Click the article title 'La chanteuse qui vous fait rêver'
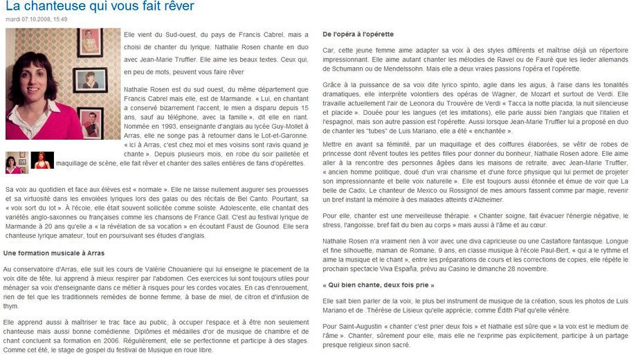click(x=100, y=6)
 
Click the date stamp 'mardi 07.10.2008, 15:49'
click(x=36, y=19)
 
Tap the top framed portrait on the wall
click(x=90, y=42)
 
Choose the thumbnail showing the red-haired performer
click(x=42, y=161)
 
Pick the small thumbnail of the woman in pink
click(x=15, y=162)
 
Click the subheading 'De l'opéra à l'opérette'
click(x=358, y=34)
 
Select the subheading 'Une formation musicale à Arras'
click(x=53, y=254)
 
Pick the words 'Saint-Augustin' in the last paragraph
click(x=354, y=325)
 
